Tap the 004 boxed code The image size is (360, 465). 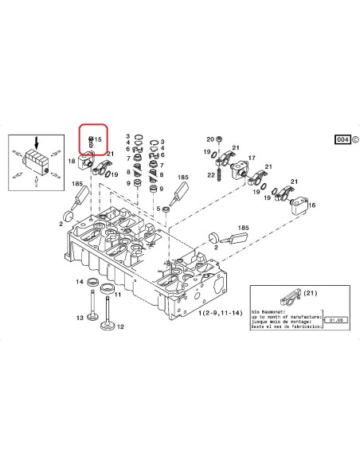click(342, 139)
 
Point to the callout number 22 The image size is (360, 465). click(209, 174)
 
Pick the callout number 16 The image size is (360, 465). click(312, 205)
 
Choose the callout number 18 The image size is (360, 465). click(72, 162)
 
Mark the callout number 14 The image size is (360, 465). click(80, 282)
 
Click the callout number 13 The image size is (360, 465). click(80, 318)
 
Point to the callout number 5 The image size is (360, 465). click(158, 209)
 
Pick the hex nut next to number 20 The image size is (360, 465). click(221, 139)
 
